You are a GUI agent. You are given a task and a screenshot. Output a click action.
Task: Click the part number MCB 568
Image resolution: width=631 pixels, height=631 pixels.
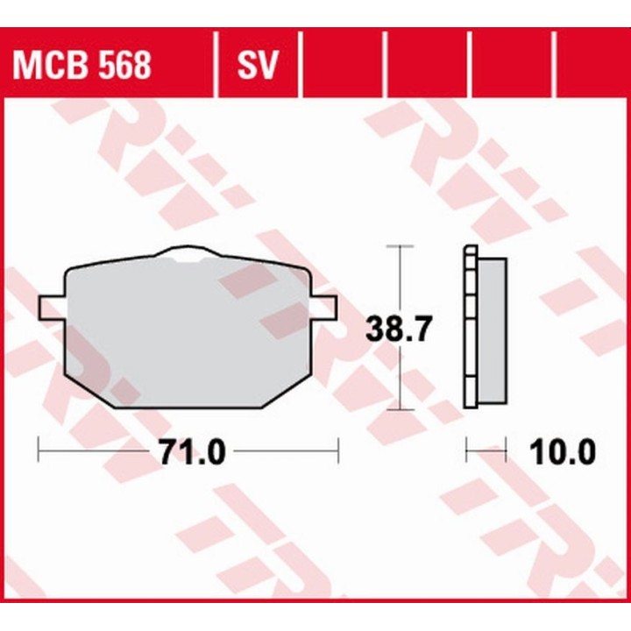coord(82,65)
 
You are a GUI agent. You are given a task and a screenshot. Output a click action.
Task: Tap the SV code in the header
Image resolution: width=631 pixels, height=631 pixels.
coord(258,65)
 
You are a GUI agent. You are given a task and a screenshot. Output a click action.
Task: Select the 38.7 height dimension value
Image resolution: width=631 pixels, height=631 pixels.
coord(399,329)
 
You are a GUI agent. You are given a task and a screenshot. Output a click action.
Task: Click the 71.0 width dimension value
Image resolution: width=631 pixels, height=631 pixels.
coord(192,451)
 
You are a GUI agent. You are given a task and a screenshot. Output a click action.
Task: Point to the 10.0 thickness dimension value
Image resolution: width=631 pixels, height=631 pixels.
coord(562,451)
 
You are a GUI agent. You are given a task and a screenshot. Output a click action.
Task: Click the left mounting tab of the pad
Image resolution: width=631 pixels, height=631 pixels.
coord(52,308)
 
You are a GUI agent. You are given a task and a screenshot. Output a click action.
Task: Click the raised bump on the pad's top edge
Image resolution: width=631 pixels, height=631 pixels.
coord(186,252)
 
